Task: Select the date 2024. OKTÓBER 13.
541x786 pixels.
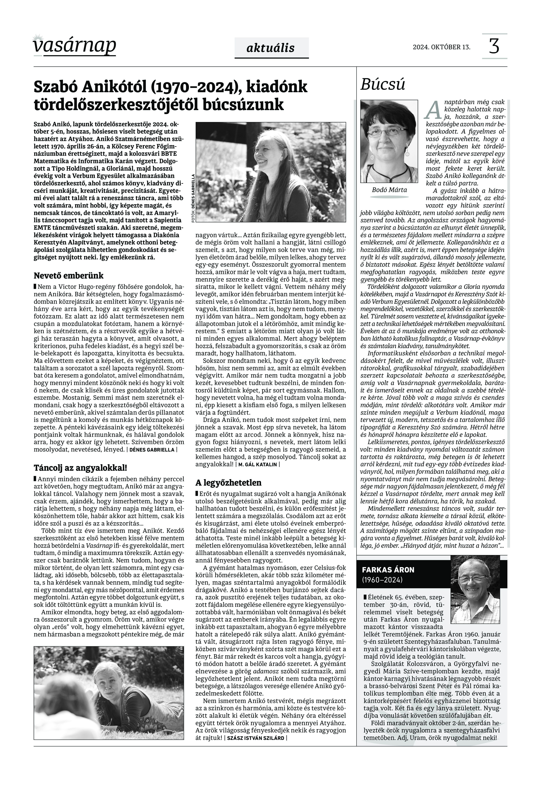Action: coord(441,47)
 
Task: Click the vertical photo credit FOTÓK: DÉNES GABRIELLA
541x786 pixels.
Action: coord(193,198)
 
